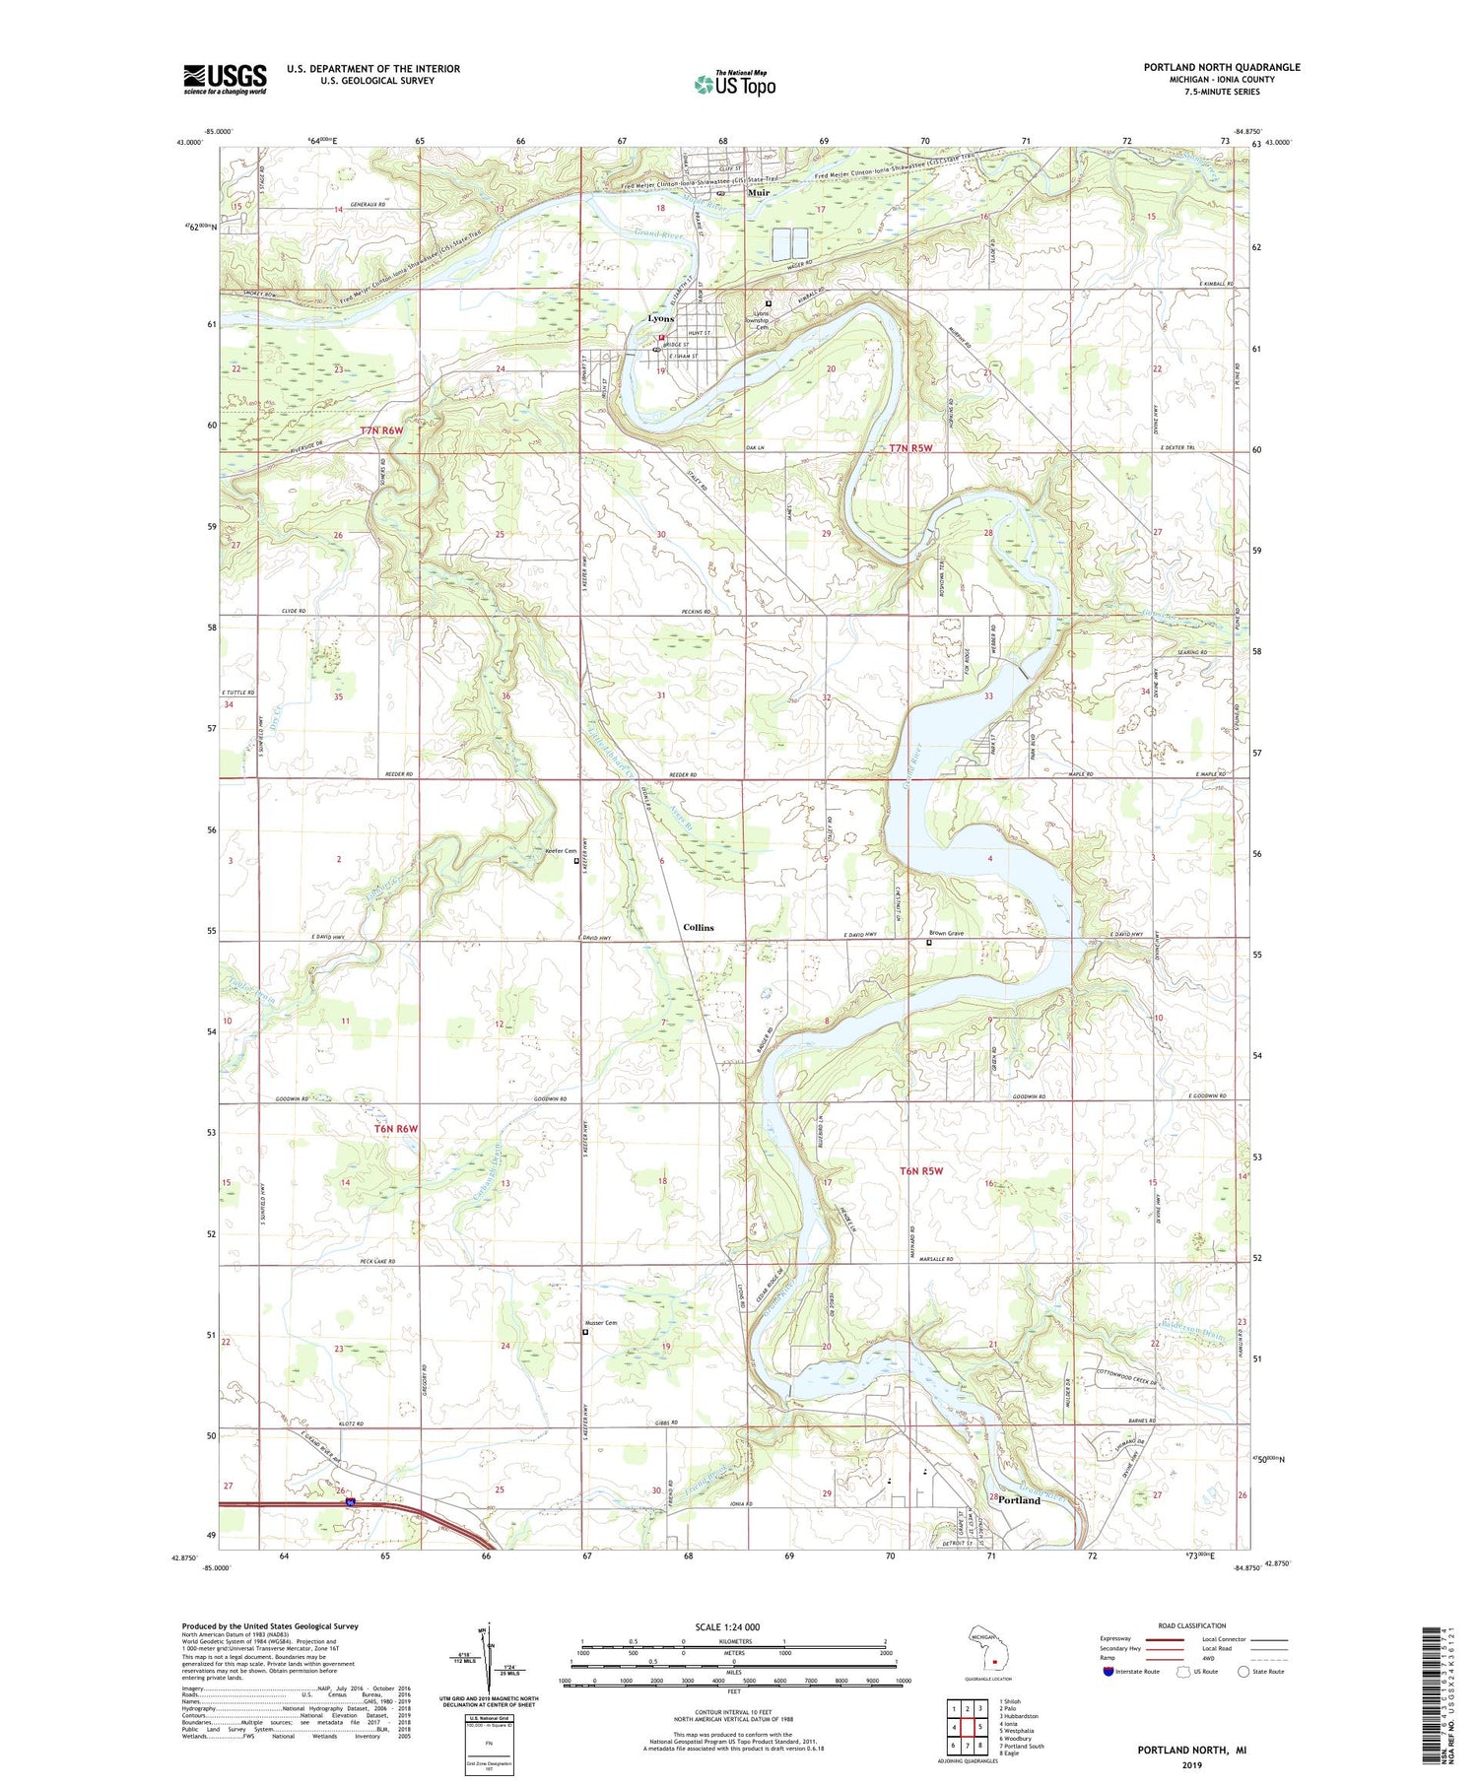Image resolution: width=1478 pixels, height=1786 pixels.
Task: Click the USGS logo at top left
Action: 225,79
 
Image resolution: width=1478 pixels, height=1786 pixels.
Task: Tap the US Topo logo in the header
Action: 734,84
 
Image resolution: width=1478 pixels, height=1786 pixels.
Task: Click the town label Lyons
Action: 661,319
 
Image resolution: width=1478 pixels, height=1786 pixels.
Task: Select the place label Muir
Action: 759,193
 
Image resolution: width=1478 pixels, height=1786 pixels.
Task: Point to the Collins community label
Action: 699,927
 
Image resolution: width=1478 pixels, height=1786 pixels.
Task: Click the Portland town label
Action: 1019,1500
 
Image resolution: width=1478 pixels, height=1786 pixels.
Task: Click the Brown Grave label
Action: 946,933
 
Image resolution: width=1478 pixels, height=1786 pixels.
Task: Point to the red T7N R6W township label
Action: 381,431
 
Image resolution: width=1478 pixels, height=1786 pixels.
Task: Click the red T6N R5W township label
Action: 921,1171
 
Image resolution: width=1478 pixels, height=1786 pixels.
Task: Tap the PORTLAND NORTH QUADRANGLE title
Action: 1221,67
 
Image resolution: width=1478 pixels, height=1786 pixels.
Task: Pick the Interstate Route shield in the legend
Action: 1108,1671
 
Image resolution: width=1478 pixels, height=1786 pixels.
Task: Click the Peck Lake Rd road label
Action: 377,1261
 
